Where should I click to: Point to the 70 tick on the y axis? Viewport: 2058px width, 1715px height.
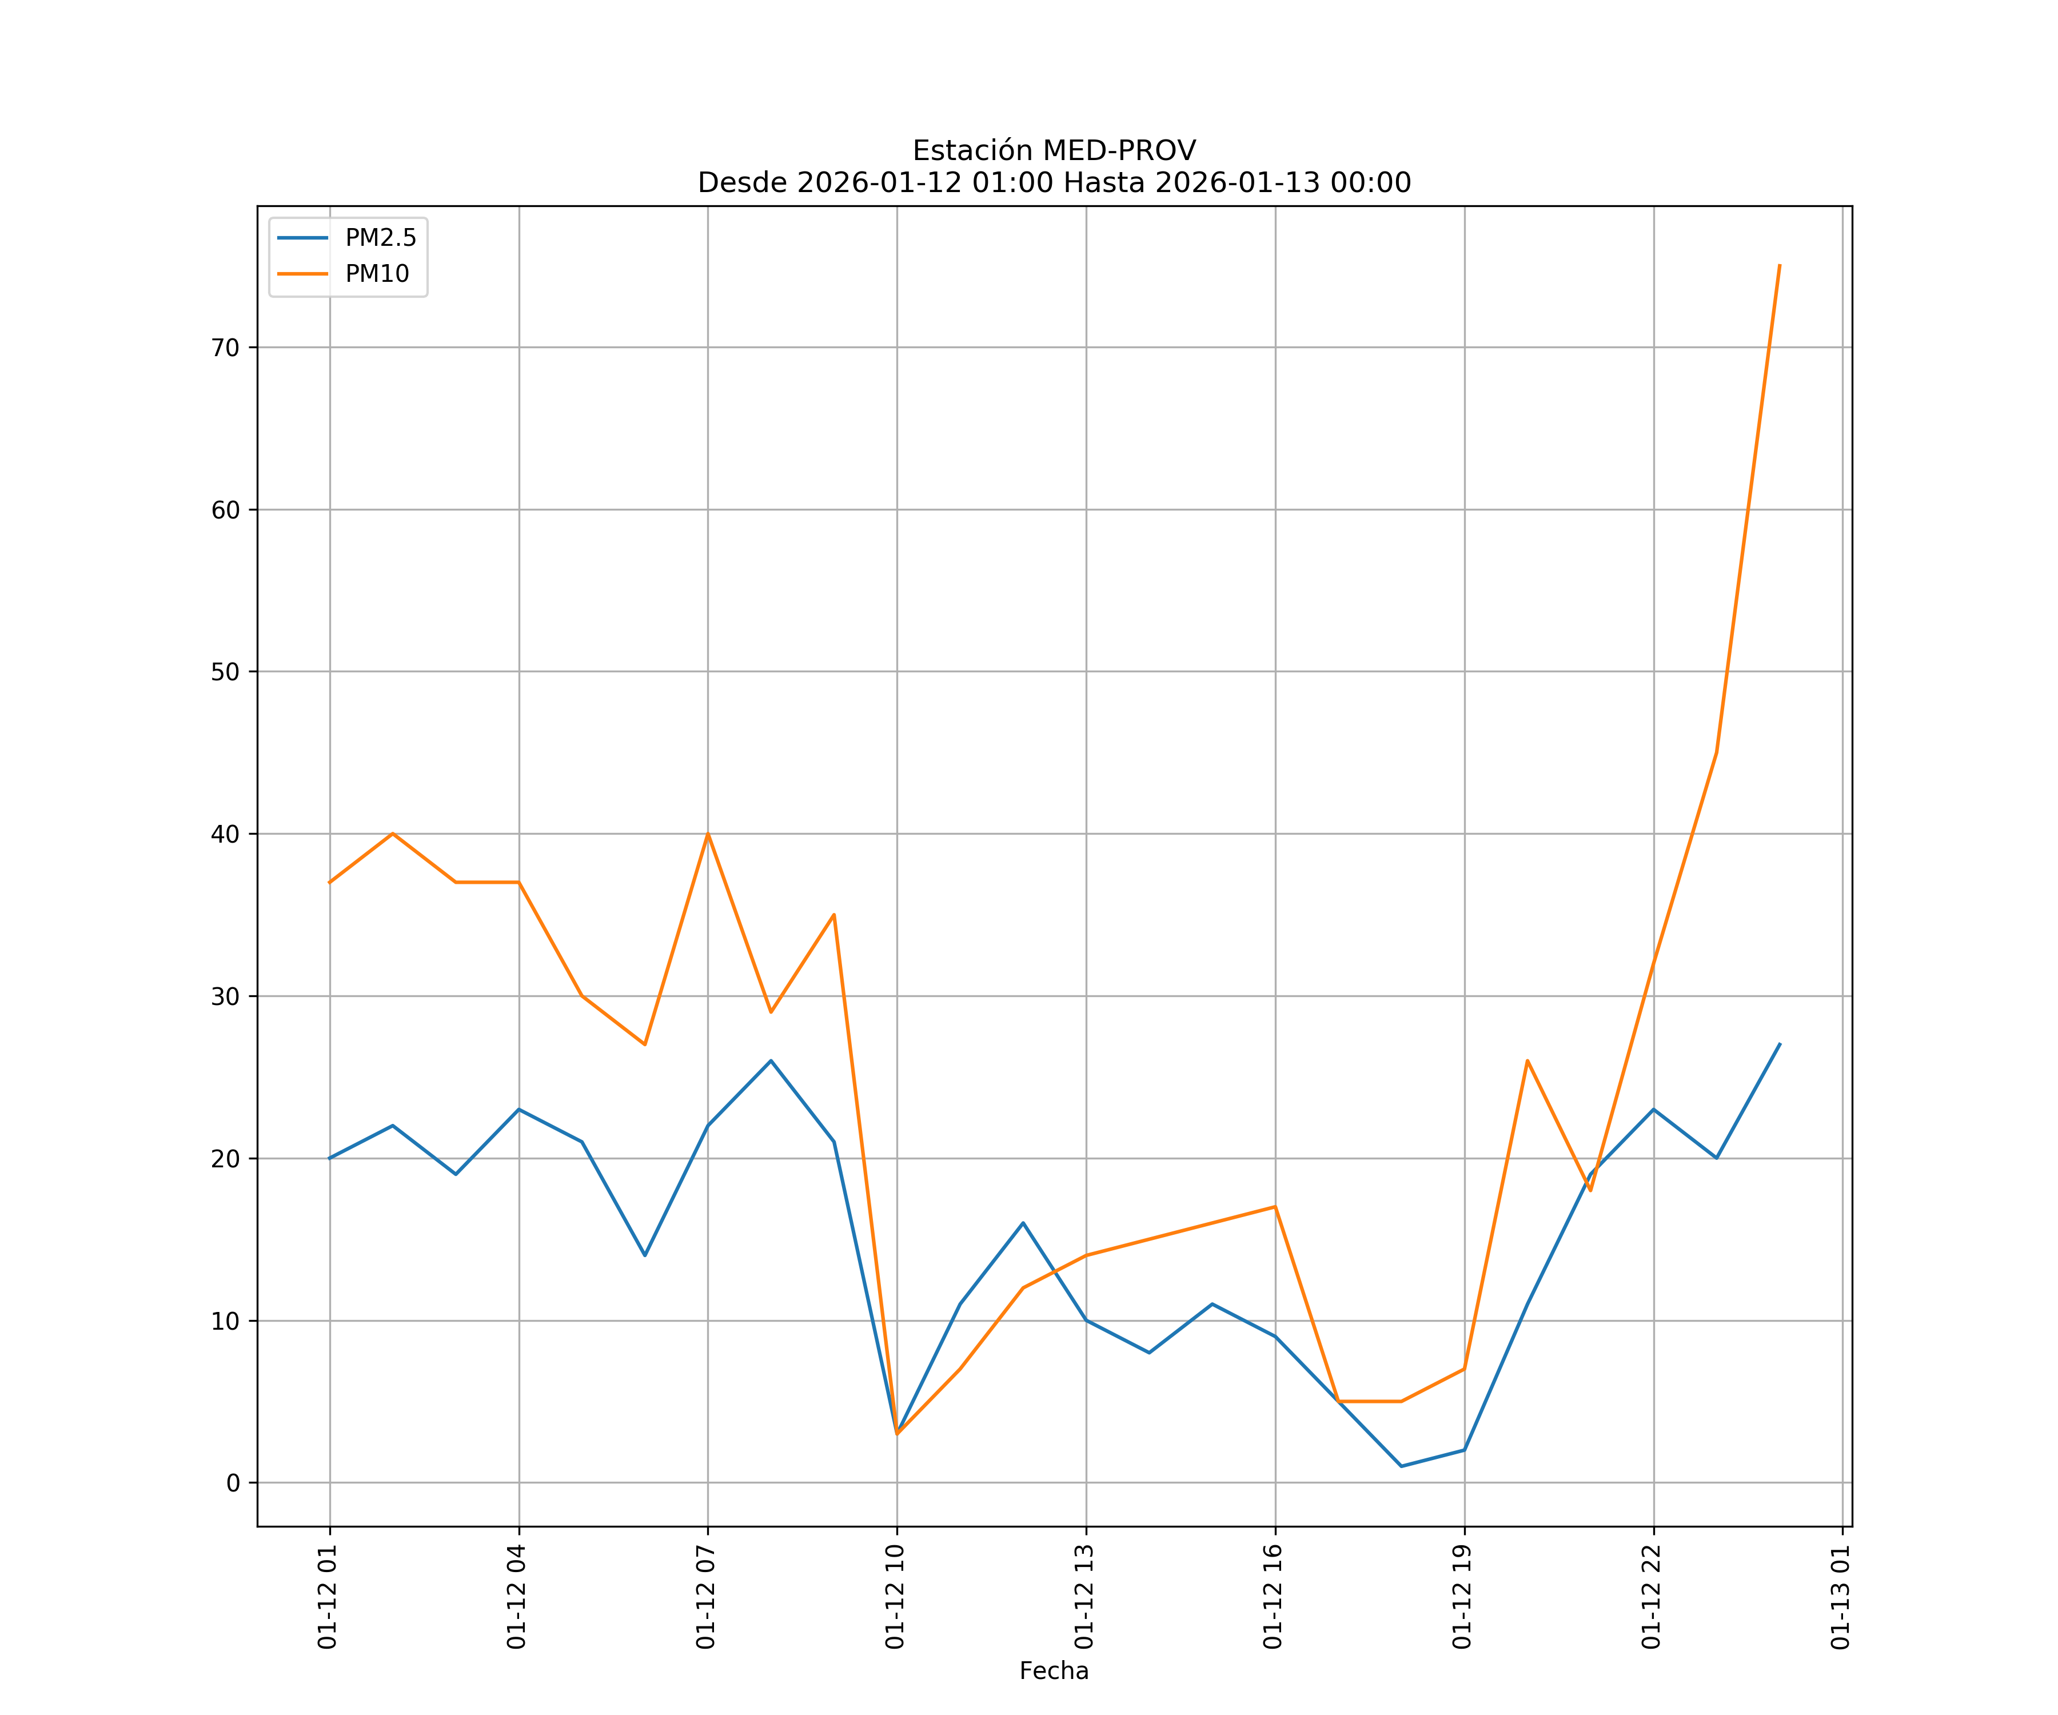tap(225, 348)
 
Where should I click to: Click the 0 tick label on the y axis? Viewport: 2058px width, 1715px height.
tap(233, 1483)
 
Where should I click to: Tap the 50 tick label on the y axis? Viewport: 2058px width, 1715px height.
tap(225, 672)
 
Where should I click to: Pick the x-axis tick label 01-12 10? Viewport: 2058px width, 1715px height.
tap(895, 1597)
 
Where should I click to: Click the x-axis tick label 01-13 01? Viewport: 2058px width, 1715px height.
tap(1840, 1597)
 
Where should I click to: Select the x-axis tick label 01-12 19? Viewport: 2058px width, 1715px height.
tap(1462, 1597)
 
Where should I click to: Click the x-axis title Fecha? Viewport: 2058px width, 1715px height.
tap(1054, 1671)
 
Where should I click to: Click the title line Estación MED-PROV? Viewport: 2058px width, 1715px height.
tap(1054, 151)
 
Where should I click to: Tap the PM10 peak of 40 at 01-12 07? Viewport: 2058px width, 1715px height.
tap(708, 834)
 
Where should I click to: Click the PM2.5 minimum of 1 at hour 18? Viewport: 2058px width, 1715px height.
tap(1401, 1466)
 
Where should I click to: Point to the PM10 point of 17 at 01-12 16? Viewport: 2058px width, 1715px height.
tap(1275, 1206)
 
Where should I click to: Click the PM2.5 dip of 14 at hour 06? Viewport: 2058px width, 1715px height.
tap(645, 1255)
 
